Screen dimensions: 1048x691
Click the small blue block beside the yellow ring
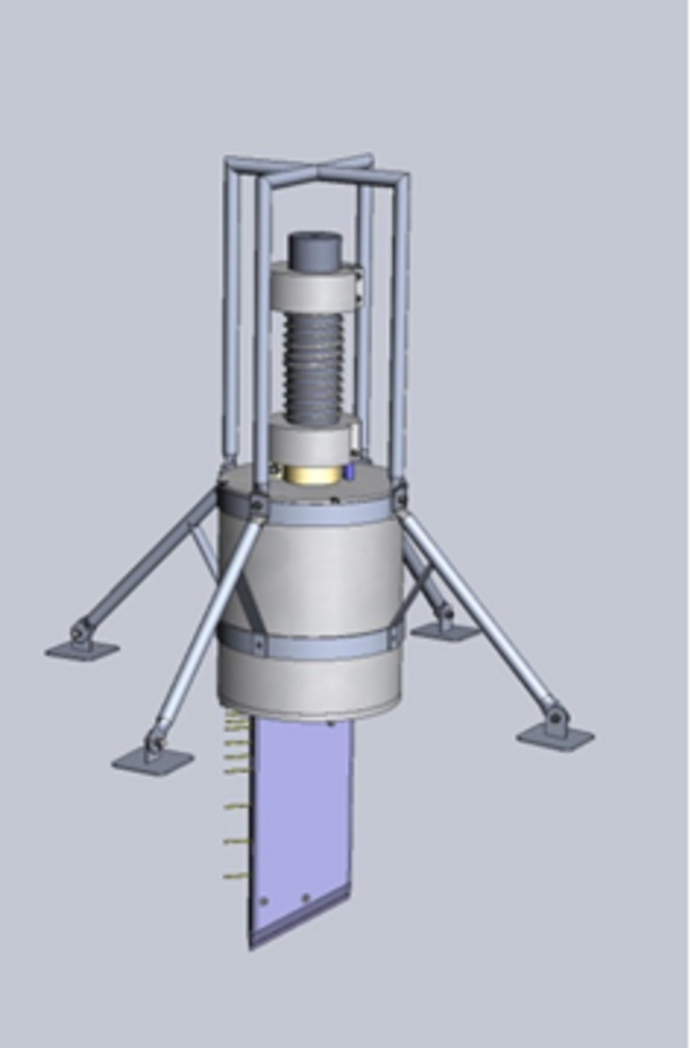(350, 472)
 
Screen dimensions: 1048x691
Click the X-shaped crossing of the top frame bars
(316, 172)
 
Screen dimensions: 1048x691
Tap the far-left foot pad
(82, 650)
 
